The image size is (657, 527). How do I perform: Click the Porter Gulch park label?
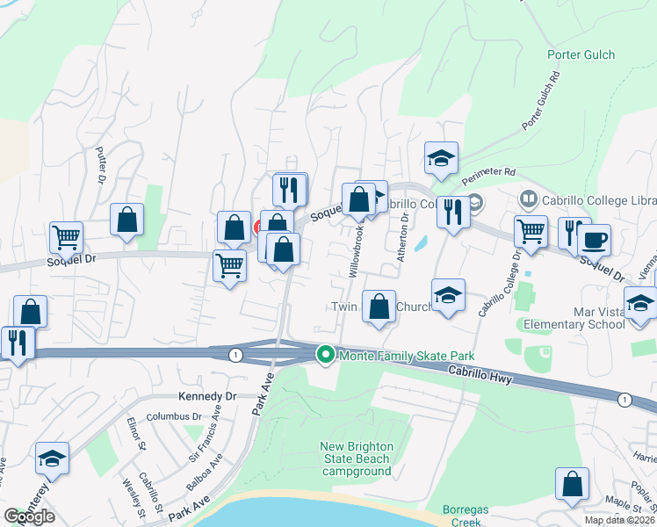pos(575,54)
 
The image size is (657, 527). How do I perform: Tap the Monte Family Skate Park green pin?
pos(325,355)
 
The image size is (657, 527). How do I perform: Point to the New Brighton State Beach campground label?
pos(356,458)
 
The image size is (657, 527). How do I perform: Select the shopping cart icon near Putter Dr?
pos(67,236)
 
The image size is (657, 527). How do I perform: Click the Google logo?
pos(30,516)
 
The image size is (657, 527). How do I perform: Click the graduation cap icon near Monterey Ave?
pos(52,458)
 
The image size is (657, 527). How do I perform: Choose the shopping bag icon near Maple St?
pos(572,484)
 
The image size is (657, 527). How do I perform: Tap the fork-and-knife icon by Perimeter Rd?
pos(453,213)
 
